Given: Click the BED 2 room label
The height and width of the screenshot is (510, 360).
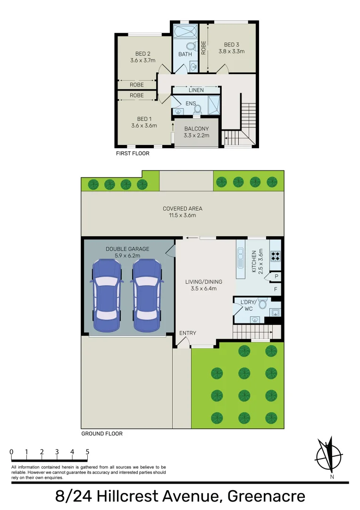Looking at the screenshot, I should point(140,53).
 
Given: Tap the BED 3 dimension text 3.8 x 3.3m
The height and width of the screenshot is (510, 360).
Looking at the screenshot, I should point(231,51).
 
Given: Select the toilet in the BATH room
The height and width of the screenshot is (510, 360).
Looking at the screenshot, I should point(191,47).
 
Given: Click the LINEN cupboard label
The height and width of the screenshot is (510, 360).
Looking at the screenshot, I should point(196,90).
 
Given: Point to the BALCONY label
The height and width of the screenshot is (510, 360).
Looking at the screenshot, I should point(196,128).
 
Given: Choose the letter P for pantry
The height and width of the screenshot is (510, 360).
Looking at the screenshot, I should point(276,277).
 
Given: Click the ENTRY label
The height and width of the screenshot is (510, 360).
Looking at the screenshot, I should point(187,333).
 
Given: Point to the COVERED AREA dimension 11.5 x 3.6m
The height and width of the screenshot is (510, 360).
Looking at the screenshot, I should point(183,215).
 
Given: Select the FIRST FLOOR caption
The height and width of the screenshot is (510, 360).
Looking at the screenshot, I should point(133,154).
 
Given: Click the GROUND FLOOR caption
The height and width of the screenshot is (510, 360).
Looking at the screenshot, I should point(102,433).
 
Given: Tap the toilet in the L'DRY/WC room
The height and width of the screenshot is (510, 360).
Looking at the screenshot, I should point(263,303).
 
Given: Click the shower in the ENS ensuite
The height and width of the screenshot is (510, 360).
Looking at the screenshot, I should point(214,105).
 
